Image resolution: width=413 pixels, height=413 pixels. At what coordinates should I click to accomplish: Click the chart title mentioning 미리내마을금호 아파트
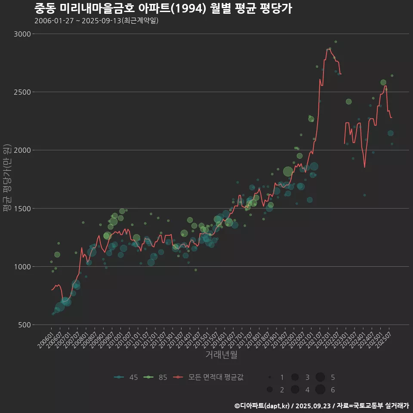(x=163, y=9)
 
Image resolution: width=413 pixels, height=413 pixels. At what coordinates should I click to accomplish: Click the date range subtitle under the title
(x=96, y=21)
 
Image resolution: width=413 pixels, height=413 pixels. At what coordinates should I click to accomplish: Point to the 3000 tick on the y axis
(x=22, y=34)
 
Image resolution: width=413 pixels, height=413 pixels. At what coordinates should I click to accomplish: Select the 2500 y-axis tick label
(x=22, y=92)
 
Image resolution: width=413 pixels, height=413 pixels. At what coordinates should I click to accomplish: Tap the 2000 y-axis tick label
(x=22, y=150)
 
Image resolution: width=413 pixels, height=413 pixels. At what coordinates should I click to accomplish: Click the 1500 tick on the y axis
(x=22, y=208)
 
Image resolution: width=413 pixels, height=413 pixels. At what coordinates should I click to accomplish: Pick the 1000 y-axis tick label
(x=22, y=267)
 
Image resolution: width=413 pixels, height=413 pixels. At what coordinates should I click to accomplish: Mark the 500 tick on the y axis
(x=23, y=325)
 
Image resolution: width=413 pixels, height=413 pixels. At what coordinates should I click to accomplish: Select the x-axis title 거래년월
(x=221, y=354)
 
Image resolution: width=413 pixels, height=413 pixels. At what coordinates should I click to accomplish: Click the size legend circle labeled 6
(x=320, y=390)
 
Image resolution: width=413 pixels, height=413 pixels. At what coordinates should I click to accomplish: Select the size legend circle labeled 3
(x=295, y=377)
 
